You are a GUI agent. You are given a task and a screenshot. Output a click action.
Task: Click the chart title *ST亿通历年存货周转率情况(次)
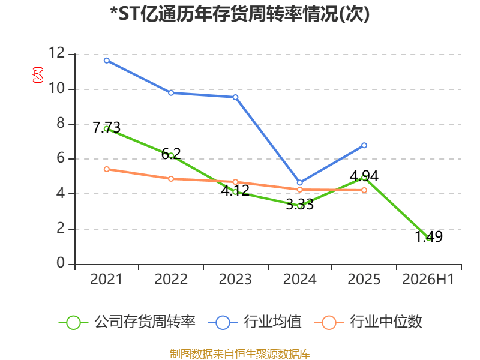239,14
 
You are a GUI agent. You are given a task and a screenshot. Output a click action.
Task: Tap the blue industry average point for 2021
107,61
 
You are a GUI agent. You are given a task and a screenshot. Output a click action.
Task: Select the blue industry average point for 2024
299,183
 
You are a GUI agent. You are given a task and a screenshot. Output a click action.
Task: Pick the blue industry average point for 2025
364,145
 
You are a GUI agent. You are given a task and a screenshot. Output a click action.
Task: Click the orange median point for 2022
171,179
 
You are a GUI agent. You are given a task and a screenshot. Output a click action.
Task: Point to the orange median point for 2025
364,190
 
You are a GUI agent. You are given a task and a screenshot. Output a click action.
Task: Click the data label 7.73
107,128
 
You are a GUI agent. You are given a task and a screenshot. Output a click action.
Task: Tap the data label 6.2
171,154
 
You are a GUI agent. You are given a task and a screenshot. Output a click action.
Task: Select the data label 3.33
299,205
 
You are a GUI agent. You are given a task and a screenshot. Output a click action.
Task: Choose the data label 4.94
364,176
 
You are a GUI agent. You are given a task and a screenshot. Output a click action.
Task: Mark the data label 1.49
428,236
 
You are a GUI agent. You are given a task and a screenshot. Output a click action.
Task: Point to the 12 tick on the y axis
57,53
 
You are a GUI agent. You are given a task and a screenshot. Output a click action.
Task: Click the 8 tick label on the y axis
61,123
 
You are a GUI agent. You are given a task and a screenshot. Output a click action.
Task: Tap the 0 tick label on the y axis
61,263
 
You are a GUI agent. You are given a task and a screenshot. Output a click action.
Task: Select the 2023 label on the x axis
235,280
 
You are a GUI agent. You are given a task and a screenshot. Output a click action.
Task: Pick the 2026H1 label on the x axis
428,280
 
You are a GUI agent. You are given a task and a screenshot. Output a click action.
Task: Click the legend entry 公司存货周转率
127,322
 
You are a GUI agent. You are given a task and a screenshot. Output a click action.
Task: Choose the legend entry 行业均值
254,322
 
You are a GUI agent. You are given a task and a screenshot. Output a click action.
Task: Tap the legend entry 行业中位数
368,322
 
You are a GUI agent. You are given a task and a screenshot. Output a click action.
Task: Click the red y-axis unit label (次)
38,75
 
